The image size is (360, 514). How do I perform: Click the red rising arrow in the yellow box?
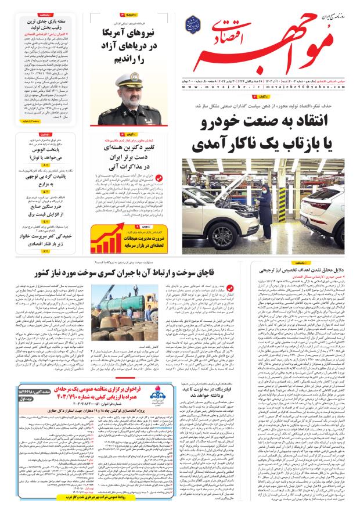111,239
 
